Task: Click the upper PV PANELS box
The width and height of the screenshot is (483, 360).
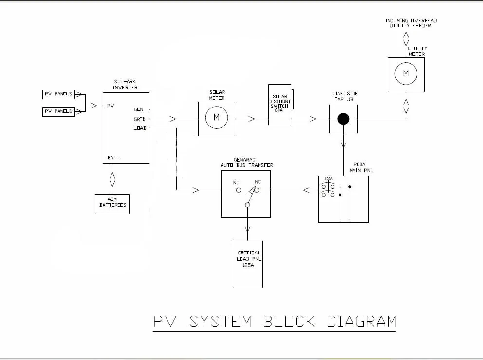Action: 58,94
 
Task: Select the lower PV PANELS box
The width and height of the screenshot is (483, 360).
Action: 58,111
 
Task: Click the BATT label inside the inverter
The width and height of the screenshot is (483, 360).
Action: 113,158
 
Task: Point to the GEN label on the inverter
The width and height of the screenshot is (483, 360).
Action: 138,109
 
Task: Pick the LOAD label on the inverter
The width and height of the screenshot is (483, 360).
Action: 140,128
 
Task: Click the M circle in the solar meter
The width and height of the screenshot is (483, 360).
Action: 217,118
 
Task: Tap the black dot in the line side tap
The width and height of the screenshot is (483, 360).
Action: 344,118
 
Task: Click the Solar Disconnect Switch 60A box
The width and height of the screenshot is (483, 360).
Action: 279,104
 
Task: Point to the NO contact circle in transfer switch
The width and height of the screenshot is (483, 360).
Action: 239,191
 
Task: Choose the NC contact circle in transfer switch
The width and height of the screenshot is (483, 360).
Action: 256,191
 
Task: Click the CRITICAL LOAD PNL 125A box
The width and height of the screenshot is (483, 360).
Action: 248,264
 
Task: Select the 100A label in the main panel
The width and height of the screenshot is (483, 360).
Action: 329,179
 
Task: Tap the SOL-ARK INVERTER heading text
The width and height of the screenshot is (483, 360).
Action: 125,85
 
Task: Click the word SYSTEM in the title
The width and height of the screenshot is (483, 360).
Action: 221,321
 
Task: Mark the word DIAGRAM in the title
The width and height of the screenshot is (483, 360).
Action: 361,321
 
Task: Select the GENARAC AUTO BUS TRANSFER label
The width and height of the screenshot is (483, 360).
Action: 246,162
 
